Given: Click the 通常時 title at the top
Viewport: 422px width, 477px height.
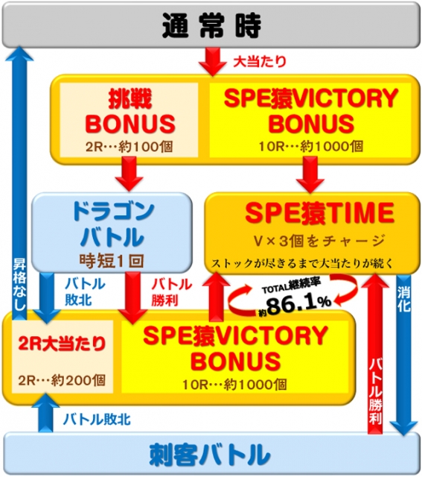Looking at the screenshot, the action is click(x=211, y=25).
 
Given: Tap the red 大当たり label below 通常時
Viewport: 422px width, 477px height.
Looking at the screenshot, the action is click(x=260, y=61).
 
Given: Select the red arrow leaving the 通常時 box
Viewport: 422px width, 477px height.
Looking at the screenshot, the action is click(x=212, y=61).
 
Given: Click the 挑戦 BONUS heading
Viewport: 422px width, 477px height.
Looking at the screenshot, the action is click(x=130, y=112).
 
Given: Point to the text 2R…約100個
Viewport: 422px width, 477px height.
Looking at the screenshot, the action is click(x=129, y=147).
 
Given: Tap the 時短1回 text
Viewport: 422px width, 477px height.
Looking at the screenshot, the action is click(x=112, y=261).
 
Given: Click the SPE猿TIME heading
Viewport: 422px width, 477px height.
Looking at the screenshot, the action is click(x=319, y=213).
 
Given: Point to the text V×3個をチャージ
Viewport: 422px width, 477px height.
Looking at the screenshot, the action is click(x=319, y=241).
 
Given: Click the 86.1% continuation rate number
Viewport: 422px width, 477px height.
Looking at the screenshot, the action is click(x=298, y=305).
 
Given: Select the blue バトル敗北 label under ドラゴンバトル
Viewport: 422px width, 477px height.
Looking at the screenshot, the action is click(x=85, y=291).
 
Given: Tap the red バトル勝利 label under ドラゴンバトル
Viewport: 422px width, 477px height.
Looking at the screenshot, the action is click(x=172, y=292).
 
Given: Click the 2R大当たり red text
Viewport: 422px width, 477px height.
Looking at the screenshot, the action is click(x=62, y=344).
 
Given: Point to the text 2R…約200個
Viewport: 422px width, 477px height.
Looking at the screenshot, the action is click(x=62, y=380).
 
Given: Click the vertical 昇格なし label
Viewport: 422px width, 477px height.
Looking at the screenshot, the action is click(x=19, y=284).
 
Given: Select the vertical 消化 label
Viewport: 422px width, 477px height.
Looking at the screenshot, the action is click(x=404, y=300).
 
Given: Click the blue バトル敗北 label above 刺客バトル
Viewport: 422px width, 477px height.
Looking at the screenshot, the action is click(x=97, y=420).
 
